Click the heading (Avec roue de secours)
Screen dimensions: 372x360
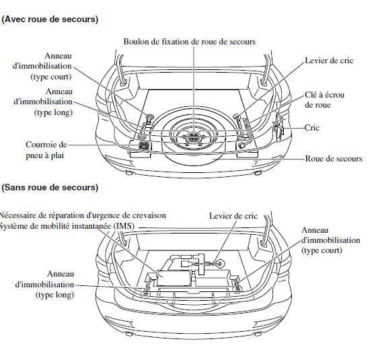click(x=50, y=20)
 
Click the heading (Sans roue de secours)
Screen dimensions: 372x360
click(x=50, y=188)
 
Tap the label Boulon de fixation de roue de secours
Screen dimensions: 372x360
click(x=189, y=42)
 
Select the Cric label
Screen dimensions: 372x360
click(x=311, y=128)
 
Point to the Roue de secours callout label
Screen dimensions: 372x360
click(x=334, y=159)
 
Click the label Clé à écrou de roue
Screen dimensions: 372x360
click(x=324, y=100)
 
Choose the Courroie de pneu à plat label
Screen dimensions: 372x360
click(x=46, y=150)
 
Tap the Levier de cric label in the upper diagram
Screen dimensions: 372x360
click(x=329, y=61)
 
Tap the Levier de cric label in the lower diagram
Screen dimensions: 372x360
click(x=233, y=216)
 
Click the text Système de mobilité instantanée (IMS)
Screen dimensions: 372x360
click(x=67, y=226)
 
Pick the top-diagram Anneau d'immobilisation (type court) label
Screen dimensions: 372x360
click(x=42, y=66)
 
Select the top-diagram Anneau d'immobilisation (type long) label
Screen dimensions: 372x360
click(x=43, y=102)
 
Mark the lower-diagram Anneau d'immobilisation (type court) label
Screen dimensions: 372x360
click(x=331, y=240)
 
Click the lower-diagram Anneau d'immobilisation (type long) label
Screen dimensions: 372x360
click(x=44, y=285)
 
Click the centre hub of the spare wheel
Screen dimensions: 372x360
click(x=194, y=137)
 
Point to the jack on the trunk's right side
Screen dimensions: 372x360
click(x=278, y=127)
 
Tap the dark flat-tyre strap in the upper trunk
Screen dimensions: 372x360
click(x=144, y=145)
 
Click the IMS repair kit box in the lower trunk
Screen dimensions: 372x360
click(x=174, y=278)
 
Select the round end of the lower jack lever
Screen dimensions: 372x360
click(x=220, y=263)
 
